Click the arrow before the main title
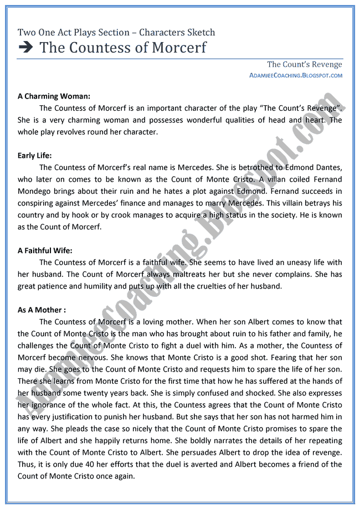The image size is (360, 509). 25,48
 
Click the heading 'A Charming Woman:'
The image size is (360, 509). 49,96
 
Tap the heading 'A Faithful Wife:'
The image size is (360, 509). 45,250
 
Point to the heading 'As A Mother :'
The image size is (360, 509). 42,310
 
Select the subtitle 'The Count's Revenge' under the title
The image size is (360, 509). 304,65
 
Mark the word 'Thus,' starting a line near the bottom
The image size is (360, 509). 28,465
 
